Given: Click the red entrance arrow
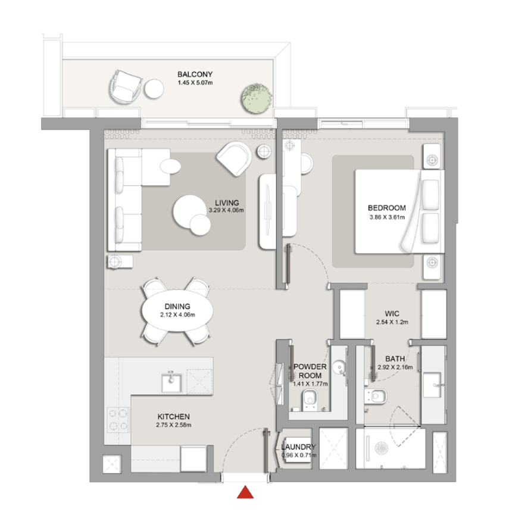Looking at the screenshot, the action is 245,492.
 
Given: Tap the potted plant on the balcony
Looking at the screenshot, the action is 257,98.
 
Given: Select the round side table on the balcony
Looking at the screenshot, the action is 154,89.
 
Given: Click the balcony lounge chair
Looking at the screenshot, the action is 125,87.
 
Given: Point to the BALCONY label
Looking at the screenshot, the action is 195,74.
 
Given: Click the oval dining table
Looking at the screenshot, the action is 177,310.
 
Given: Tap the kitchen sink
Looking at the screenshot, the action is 171,383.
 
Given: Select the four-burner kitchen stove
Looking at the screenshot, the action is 118,420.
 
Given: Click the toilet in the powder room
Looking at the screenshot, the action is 310,400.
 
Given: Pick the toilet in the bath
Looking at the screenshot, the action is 376,397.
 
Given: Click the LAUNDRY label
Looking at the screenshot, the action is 298,447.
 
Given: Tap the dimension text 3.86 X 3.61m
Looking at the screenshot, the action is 387,217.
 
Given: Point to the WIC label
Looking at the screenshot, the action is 392,313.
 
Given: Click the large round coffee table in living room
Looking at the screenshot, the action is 189,211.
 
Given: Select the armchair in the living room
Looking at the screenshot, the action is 235,158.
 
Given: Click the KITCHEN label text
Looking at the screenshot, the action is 173,417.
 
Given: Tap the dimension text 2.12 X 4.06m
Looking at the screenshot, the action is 177,315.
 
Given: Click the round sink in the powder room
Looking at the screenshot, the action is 339,367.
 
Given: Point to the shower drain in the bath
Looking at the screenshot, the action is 382,448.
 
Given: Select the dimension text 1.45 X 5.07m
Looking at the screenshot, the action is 195,83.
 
